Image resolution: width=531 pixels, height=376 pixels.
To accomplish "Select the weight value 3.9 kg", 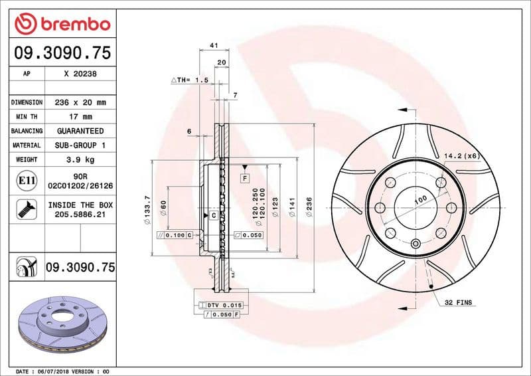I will (x=80, y=160).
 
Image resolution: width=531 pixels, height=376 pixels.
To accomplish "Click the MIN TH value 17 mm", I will (x=80, y=117).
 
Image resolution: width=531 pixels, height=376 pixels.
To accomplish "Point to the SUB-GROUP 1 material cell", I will (x=80, y=145).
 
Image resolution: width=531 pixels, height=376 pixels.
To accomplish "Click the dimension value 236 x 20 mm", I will (x=80, y=103).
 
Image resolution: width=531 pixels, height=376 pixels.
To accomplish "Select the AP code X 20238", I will (x=80, y=74).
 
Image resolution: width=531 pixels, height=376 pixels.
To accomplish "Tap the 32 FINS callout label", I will (x=459, y=302).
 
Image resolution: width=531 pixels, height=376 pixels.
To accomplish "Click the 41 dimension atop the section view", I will (x=214, y=45).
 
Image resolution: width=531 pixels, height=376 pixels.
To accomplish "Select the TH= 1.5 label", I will (x=190, y=80).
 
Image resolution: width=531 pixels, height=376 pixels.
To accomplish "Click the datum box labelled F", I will (x=245, y=178).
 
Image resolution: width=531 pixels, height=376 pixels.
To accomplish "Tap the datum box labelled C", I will (x=214, y=216).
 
